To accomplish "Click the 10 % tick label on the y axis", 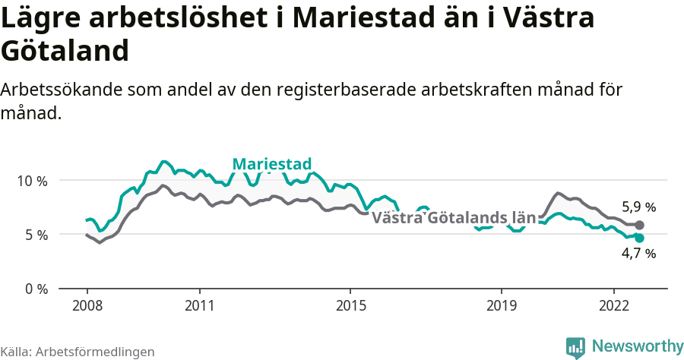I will (32, 181).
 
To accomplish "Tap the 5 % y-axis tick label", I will (36, 235).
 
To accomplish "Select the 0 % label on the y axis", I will (36, 289).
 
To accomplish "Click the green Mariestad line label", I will (271, 164).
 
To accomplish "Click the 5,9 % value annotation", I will (638, 207).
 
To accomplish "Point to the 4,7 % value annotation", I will (638, 254).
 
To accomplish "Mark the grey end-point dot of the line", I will (639, 225).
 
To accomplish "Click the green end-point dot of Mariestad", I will (639, 238).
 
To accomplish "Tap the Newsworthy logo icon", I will (575, 347).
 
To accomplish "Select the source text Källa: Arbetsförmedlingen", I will (78, 352).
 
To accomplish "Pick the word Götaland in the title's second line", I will (64, 51).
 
